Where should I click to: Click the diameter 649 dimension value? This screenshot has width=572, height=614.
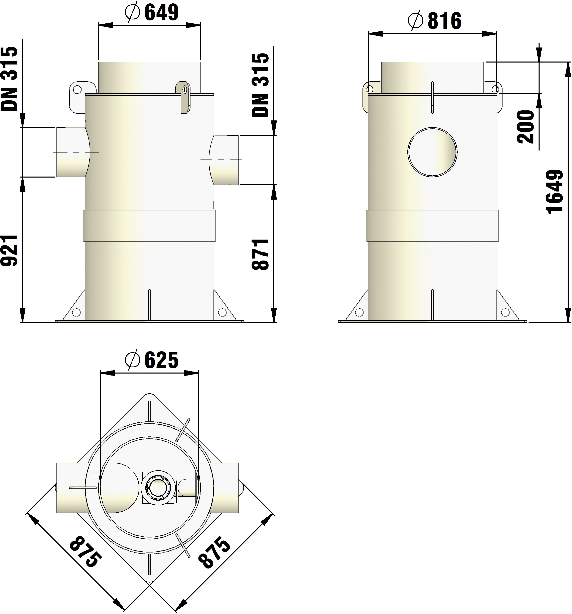tap(161, 13)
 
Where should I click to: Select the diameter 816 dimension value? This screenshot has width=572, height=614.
tap(444, 21)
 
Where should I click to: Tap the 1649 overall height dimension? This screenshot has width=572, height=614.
tap(555, 192)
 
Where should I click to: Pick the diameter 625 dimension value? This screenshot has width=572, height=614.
tap(161, 360)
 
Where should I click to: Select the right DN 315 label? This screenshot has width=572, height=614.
tap(261, 85)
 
